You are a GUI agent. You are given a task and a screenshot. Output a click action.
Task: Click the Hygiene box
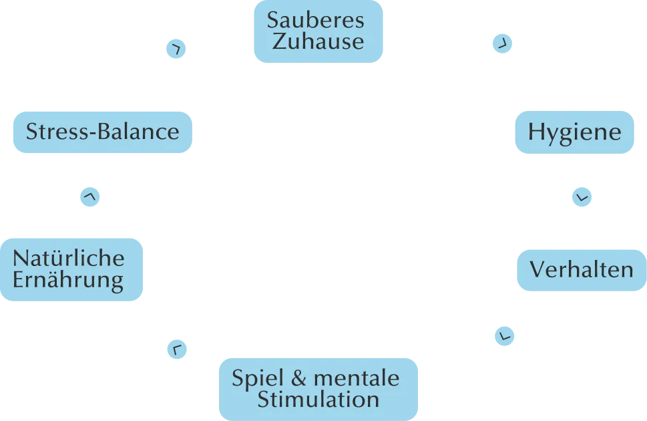574,132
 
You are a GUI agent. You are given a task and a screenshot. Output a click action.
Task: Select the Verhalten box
581,269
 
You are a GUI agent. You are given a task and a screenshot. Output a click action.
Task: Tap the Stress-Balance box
102,131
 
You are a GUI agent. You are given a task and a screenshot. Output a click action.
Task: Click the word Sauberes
316,20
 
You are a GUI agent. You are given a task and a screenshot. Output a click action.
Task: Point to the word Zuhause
318,41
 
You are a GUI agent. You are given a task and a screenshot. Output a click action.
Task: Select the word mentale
357,379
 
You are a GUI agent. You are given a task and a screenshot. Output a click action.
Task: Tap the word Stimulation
318,400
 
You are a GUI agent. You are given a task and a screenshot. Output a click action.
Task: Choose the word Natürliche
69,258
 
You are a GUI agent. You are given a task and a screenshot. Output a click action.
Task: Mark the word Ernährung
69,279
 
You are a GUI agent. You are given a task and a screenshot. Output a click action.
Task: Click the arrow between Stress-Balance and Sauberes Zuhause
176,48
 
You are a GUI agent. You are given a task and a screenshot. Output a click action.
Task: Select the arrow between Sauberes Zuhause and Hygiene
502,43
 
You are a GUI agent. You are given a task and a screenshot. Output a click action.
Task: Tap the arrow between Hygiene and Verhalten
582,198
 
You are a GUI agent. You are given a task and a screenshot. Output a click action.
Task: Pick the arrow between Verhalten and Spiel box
505,335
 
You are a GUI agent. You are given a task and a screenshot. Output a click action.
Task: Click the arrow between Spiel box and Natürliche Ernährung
176,349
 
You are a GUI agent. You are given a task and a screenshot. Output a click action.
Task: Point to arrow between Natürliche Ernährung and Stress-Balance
91,198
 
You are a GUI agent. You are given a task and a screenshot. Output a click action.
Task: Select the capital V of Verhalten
537,269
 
